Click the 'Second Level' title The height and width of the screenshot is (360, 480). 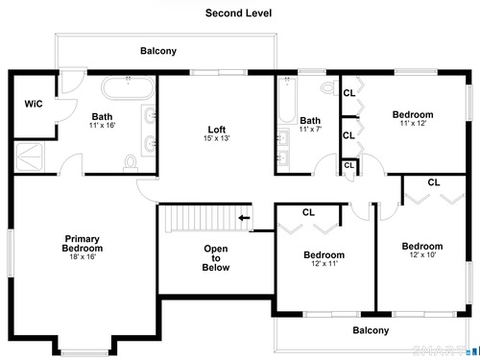pos(238,13)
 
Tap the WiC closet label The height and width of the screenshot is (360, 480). pos(34,104)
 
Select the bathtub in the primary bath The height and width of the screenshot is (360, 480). pos(128,87)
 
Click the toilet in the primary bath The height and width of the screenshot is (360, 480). pos(131,163)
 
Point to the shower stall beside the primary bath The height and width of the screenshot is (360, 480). pos(29,156)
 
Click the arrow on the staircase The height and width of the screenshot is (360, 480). pos(245,218)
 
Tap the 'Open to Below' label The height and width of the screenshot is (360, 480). pos(216,258)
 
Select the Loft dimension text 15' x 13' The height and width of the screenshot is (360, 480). pos(217,138)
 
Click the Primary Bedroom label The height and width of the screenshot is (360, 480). pos(83,244)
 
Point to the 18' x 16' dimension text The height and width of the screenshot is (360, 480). pos(83,256)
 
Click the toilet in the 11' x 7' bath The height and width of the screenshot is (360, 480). pos(329,87)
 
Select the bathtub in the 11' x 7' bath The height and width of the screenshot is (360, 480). pos(287,100)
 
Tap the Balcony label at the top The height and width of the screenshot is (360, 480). pos(158,51)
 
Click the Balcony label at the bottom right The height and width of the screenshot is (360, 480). pos(371,330)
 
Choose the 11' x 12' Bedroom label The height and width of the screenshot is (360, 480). pos(413,114)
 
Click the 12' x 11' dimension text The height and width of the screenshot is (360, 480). pos(324,264)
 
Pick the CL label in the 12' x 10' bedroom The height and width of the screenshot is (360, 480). pos(434,182)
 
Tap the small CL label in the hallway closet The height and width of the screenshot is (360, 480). pos(348,165)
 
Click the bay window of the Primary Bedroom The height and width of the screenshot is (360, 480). pos(84,352)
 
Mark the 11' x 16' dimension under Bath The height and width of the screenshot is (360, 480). pos(102,126)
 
